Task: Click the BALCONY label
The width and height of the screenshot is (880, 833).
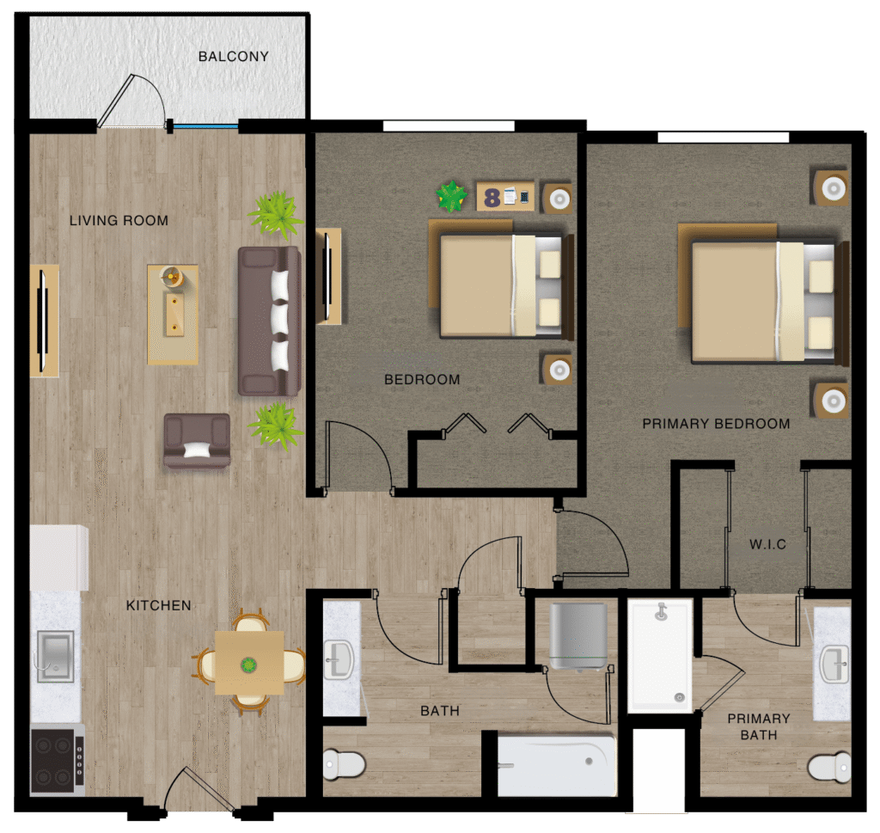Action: pos(234,57)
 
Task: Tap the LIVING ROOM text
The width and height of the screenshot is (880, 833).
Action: pos(119,221)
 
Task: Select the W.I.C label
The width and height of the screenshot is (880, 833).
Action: pos(767,544)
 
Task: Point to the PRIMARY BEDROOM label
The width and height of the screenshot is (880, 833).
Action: pos(716,424)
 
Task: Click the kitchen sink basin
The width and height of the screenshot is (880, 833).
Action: pos(55,656)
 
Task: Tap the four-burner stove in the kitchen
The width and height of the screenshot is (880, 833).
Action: pos(57,761)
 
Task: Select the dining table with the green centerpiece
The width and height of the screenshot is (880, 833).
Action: pos(249,662)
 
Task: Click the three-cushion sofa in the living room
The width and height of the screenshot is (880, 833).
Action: pos(269,321)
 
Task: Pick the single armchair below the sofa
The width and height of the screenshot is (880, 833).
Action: pos(197,441)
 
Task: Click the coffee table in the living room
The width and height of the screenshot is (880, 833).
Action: pos(173,315)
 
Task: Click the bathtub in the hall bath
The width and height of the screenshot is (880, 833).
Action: pos(557,766)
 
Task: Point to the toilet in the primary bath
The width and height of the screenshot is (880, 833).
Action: pos(829,766)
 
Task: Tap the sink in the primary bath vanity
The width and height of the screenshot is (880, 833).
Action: pos(834,665)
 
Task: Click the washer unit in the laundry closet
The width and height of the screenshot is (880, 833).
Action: pos(578,636)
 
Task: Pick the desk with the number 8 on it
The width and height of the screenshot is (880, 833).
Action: pos(505,196)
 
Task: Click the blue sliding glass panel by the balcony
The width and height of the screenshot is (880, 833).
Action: pos(205,127)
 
